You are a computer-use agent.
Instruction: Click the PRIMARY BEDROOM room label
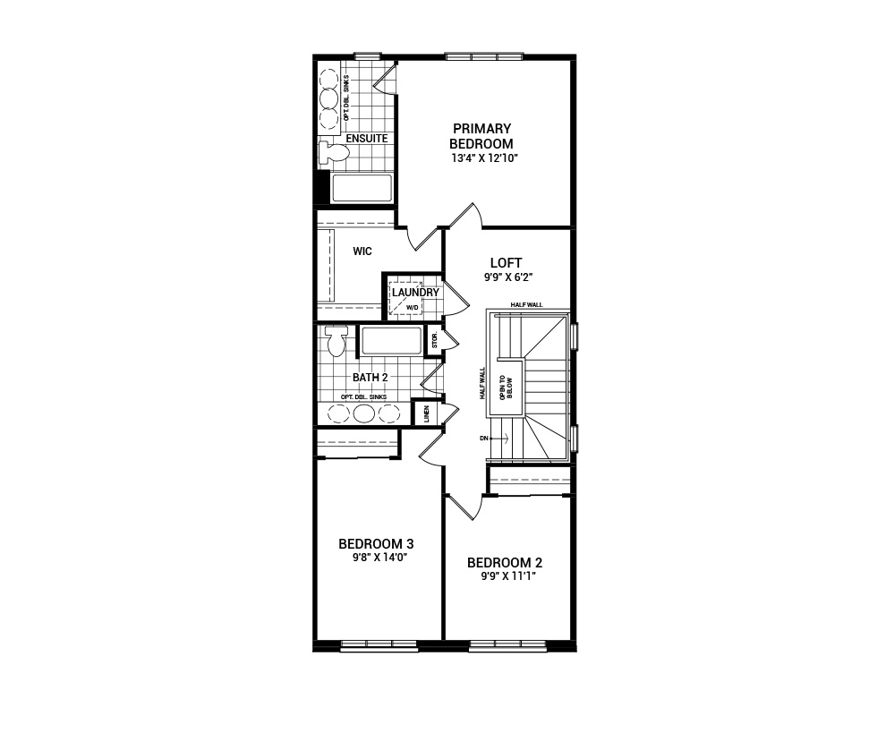tap(481, 136)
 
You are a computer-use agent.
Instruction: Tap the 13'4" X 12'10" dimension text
tap(484, 158)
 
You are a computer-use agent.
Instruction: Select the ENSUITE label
tap(366, 139)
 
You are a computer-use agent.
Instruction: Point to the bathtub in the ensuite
tap(362, 188)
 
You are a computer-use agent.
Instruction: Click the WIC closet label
tap(362, 251)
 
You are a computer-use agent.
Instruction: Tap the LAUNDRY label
tap(414, 293)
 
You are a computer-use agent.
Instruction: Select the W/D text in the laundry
tap(413, 308)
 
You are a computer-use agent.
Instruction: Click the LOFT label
tap(506, 263)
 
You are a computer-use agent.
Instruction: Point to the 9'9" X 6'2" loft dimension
tap(507, 278)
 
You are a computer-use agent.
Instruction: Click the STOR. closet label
tap(435, 340)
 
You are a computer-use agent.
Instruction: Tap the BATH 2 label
tap(369, 378)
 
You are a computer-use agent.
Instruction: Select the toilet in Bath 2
tap(337, 341)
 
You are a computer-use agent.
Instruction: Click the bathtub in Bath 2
tap(390, 341)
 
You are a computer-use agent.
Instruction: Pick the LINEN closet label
tap(426, 414)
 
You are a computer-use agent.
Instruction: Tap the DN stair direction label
tap(484, 438)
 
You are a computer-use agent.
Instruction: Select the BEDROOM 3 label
tap(375, 543)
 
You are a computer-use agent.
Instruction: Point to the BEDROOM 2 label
tap(505, 562)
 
